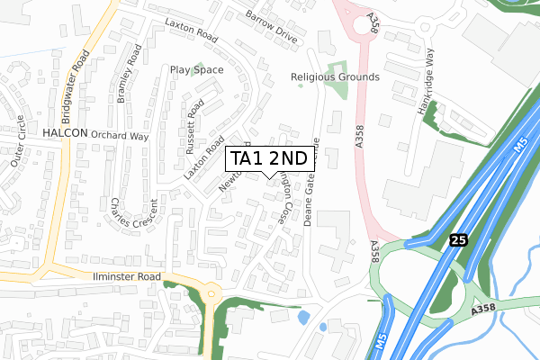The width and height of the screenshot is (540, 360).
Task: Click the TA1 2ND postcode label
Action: [269, 158]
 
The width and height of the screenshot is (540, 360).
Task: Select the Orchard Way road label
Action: [119, 137]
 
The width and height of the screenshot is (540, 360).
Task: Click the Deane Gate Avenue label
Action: [311, 182]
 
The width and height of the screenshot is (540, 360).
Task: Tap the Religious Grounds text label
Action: [335, 77]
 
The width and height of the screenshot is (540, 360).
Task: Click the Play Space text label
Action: [197, 68]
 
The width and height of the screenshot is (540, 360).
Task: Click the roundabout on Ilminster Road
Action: [213, 293]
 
